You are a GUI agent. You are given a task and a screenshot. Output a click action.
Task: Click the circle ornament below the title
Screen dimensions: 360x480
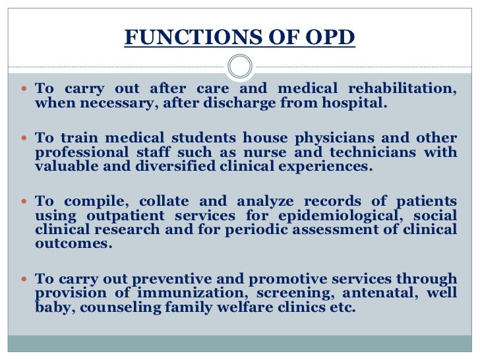pos(239,67)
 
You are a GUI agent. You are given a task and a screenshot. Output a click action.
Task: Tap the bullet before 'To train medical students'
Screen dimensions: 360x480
pos(25,139)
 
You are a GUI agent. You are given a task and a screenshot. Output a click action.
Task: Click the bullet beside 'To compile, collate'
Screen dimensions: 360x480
pos(25,202)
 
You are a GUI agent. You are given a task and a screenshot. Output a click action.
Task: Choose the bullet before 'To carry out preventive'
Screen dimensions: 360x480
pos(25,279)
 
